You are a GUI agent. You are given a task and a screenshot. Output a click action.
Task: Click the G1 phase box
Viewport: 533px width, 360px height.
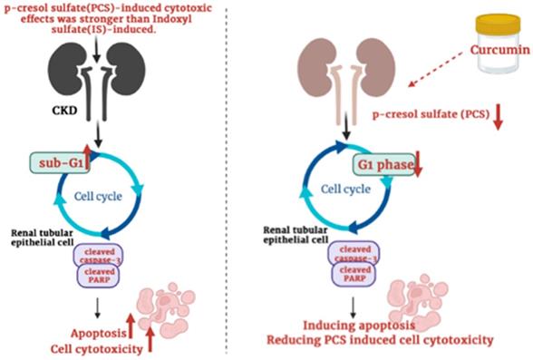380,166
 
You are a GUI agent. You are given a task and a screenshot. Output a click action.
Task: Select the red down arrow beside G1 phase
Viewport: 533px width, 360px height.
418,166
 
